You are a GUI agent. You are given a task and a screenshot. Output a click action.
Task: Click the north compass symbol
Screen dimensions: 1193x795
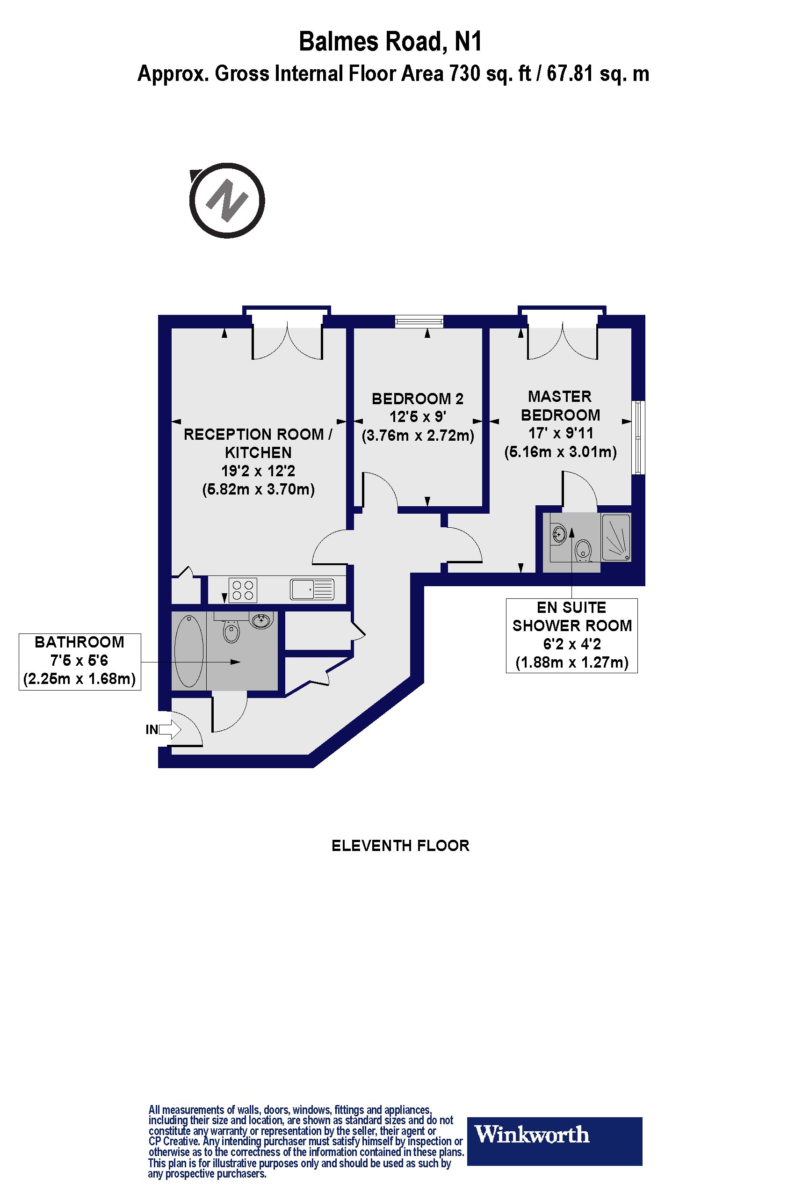pyautogui.click(x=227, y=200)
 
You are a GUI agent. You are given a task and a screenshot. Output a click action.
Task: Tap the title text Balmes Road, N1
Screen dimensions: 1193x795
pyautogui.click(x=390, y=42)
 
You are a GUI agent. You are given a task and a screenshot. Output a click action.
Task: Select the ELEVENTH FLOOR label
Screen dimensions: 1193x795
pyautogui.click(x=400, y=845)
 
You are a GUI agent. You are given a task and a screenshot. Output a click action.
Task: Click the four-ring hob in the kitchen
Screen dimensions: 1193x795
pyautogui.click(x=242, y=590)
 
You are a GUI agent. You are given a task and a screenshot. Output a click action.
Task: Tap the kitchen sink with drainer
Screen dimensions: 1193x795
pyautogui.click(x=312, y=590)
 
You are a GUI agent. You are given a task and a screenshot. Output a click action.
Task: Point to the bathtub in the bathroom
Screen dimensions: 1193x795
pyautogui.click(x=188, y=651)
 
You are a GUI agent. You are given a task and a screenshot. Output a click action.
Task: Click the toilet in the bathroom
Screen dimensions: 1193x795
pyautogui.click(x=231, y=631)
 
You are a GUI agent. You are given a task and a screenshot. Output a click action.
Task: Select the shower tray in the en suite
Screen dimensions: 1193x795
pyautogui.click(x=616, y=538)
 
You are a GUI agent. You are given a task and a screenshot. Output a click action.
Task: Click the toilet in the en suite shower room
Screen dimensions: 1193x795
pyautogui.click(x=584, y=550)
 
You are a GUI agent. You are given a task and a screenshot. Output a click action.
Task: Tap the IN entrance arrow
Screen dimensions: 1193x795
pyautogui.click(x=170, y=730)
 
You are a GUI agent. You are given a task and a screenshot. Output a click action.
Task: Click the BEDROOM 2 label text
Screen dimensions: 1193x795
pyautogui.click(x=417, y=399)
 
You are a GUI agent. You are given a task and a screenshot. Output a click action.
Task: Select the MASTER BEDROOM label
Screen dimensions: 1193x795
pyautogui.click(x=560, y=405)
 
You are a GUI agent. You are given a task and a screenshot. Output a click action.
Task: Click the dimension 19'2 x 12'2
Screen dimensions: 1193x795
pyautogui.click(x=258, y=471)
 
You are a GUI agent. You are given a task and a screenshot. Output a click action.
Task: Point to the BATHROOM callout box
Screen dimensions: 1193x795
pyautogui.click(x=79, y=661)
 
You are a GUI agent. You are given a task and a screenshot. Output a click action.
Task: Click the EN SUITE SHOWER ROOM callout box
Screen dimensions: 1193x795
pyautogui.click(x=571, y=635)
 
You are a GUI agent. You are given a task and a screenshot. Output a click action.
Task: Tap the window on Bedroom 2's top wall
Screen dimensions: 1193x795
pyautogui.click(x=419, y=320)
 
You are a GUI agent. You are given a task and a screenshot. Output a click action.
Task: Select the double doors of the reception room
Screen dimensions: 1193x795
pyautogui.click(x=287, y=341)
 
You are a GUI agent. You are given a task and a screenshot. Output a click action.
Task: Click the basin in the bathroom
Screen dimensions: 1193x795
pyautogui.click(x=262, y=620)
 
